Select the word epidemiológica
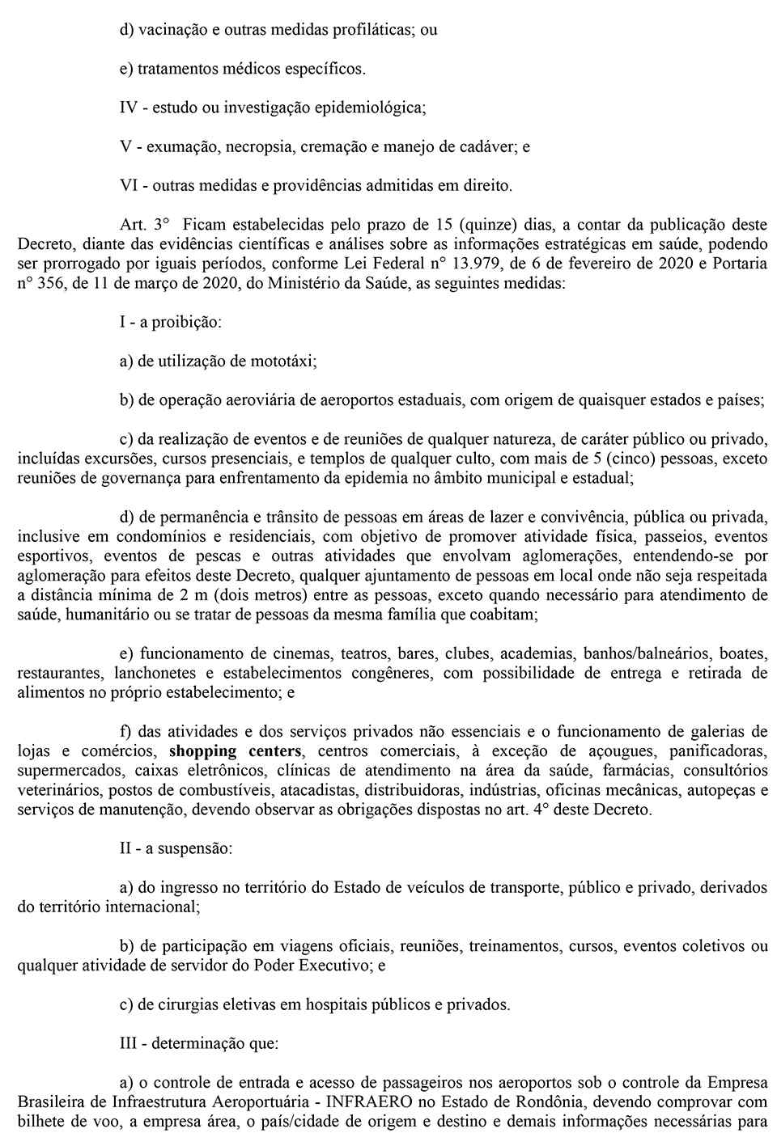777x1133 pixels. pos(371,108)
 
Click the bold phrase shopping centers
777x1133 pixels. pos(235,751)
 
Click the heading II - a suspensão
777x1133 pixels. pos(176,848)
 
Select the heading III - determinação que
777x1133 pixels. pos(199,1043)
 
